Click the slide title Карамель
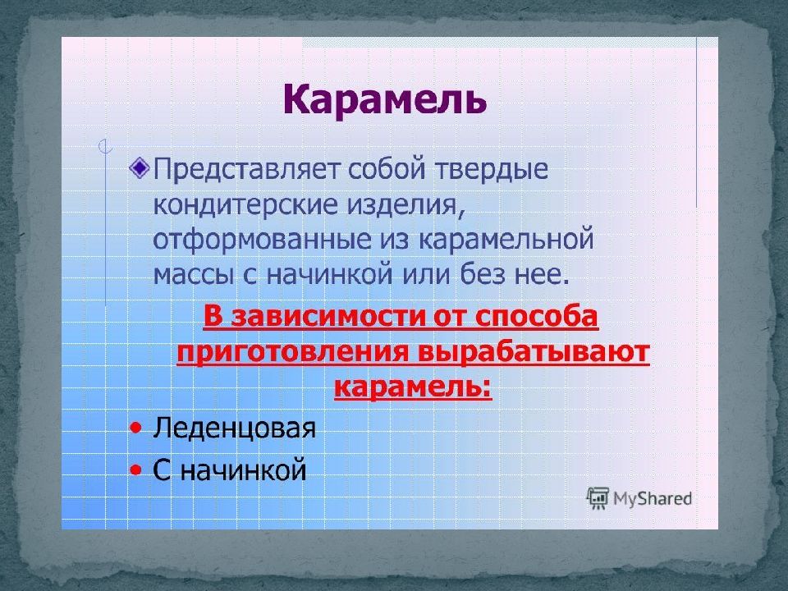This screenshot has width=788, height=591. (x=385, y=99)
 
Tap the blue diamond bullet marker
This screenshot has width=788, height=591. (x=140, y=167)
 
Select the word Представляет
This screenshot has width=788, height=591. (x=246, y=169)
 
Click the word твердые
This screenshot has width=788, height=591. (x=491, y=169)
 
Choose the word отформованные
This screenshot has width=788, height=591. (x=262, y=240)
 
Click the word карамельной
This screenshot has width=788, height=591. (x=506, y=239)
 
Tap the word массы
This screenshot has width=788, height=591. (x=194, y=276)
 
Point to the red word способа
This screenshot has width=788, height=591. (x=536, y=317)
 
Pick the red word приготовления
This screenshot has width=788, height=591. (x=293, y=353)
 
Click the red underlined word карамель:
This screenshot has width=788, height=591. (x=413, y=387)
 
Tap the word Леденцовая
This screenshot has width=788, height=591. (x=234, y=428)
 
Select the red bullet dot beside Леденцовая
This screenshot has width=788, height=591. (x=135, y=428)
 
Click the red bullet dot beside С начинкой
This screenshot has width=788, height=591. (x=135, y=470)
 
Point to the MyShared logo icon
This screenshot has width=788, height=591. (x=598, y=498)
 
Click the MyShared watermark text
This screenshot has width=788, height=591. (x=653, y=498)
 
